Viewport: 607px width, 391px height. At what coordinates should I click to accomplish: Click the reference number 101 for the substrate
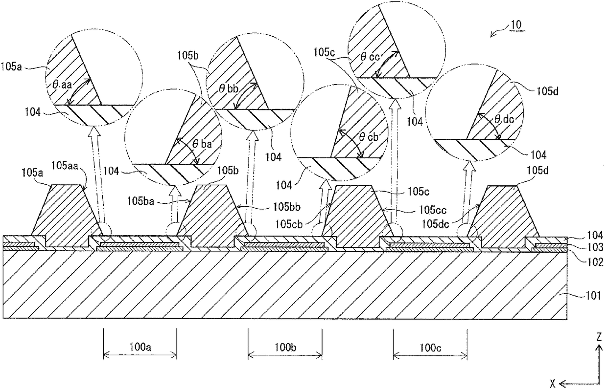[x=593, y=296]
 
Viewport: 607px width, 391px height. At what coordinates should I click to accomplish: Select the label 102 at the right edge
[x=595, y=262]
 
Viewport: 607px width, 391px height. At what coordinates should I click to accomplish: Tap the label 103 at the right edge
[x=595, y=247]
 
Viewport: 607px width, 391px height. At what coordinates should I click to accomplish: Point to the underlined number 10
[x=516, y=24]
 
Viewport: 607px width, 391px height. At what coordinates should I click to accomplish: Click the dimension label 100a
[x=140, y=347]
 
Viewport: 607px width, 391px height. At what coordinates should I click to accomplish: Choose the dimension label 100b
[x=285, y=347]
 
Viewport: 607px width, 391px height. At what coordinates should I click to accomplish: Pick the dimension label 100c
[x=430, y=348]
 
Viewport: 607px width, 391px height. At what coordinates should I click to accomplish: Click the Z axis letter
[x=599, y=337]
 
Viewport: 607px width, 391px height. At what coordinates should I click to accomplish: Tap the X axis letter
[x=553, y=383]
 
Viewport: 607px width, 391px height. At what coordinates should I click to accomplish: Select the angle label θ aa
[x=62, y=85]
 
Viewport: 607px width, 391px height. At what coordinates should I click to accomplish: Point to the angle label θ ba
[x=202, y=144]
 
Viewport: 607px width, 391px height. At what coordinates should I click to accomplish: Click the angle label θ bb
[x=229, y=88]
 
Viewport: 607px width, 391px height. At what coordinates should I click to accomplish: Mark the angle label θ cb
[x=368, y=137]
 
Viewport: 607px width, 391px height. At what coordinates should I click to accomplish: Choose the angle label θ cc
[x=370, y=57]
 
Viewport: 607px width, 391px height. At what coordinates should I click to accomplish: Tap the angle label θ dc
[x=504, y=119]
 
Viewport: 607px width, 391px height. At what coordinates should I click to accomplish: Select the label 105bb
[x=287, y=207]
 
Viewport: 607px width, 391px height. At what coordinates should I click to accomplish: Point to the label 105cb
[x=289, y=224]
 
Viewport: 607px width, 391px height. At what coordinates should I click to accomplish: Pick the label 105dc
[x=436, y=224]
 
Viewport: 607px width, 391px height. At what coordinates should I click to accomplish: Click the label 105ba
[x=140, y=201]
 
